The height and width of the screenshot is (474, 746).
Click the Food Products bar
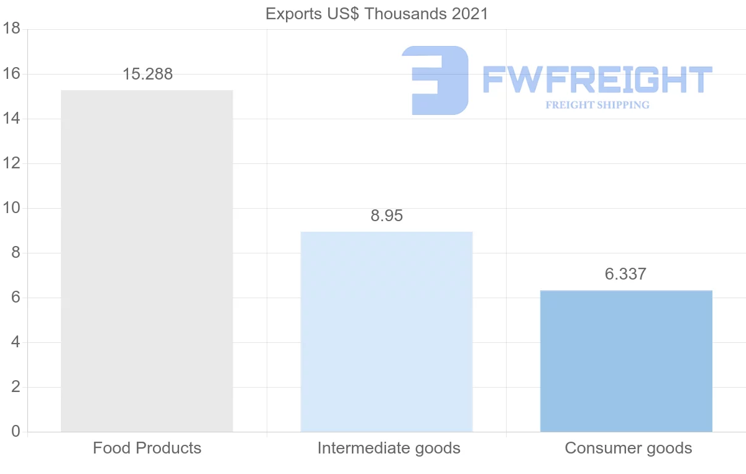tap(147, 261)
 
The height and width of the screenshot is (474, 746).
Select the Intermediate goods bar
tap(386, 332)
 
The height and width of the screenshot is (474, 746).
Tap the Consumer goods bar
tap(626, 361)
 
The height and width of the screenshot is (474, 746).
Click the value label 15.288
tap(147, 75)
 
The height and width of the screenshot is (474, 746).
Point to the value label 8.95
tap(387, 216)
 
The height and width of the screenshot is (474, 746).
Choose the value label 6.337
tap(625, 275)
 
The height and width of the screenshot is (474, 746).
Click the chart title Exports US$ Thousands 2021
tap(377, 14)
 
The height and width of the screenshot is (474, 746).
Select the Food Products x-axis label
tap(147, 448)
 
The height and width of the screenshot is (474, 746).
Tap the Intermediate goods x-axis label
tap(389, 448)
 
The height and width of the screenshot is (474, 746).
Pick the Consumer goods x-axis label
tap(628, 448)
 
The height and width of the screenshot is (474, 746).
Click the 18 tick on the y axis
tap(12, 29)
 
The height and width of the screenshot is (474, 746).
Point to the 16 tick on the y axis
tap(12, 74)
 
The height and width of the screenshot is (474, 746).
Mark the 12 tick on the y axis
tap(12, 163)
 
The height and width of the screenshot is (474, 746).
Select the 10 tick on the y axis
tap(12, 208)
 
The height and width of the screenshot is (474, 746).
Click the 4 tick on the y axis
tap(16, 342)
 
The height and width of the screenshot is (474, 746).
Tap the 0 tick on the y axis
tap(16, 432)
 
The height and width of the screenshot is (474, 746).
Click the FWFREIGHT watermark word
tap(597, 80)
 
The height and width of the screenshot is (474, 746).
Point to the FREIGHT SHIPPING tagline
tap(597, 105)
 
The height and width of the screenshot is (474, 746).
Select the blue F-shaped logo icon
tap(435, 80)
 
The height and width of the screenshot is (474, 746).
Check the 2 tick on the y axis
tap(16, 387)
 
